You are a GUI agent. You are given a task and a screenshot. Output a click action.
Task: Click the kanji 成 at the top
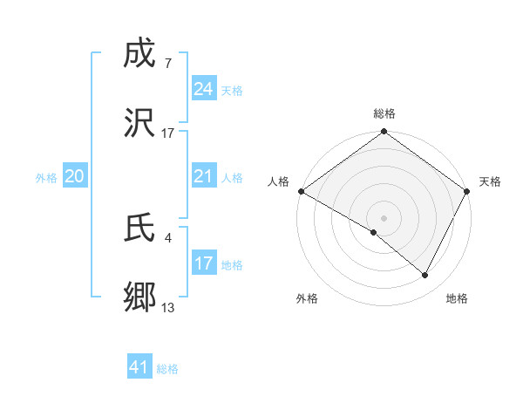tap(140, 54)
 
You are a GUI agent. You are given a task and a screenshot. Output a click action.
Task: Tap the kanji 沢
tap(140, 124)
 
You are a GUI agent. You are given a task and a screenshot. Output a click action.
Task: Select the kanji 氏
tap(140, 229)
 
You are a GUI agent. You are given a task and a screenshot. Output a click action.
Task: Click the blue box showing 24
tap(204, 89)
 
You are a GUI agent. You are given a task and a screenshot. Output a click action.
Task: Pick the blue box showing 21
tap(204, 177)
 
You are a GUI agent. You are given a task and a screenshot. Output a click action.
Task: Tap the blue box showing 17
tap(204, 263)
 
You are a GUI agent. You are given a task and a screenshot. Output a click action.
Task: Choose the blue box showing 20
tap(75, 177)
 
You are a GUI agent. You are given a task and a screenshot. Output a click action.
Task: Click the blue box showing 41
tap(139, 368)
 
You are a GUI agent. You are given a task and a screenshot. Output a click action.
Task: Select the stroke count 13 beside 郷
tap(168, 307)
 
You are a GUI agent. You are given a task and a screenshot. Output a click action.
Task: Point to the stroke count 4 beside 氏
tap(167, 237)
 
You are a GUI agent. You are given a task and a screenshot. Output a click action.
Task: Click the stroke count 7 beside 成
tap(167, 64)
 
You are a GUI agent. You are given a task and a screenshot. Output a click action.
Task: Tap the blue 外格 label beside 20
tap(46, 178)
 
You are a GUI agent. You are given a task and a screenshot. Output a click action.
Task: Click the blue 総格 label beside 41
tap(167, 369)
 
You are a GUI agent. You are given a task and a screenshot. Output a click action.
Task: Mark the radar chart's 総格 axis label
tap(384, 113)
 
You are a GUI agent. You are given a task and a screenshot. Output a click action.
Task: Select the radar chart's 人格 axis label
tap(278, 181)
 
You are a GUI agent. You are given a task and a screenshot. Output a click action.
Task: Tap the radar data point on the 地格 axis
tap(425, 276)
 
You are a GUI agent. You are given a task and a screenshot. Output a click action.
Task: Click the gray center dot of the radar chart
tap(384, 217)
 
